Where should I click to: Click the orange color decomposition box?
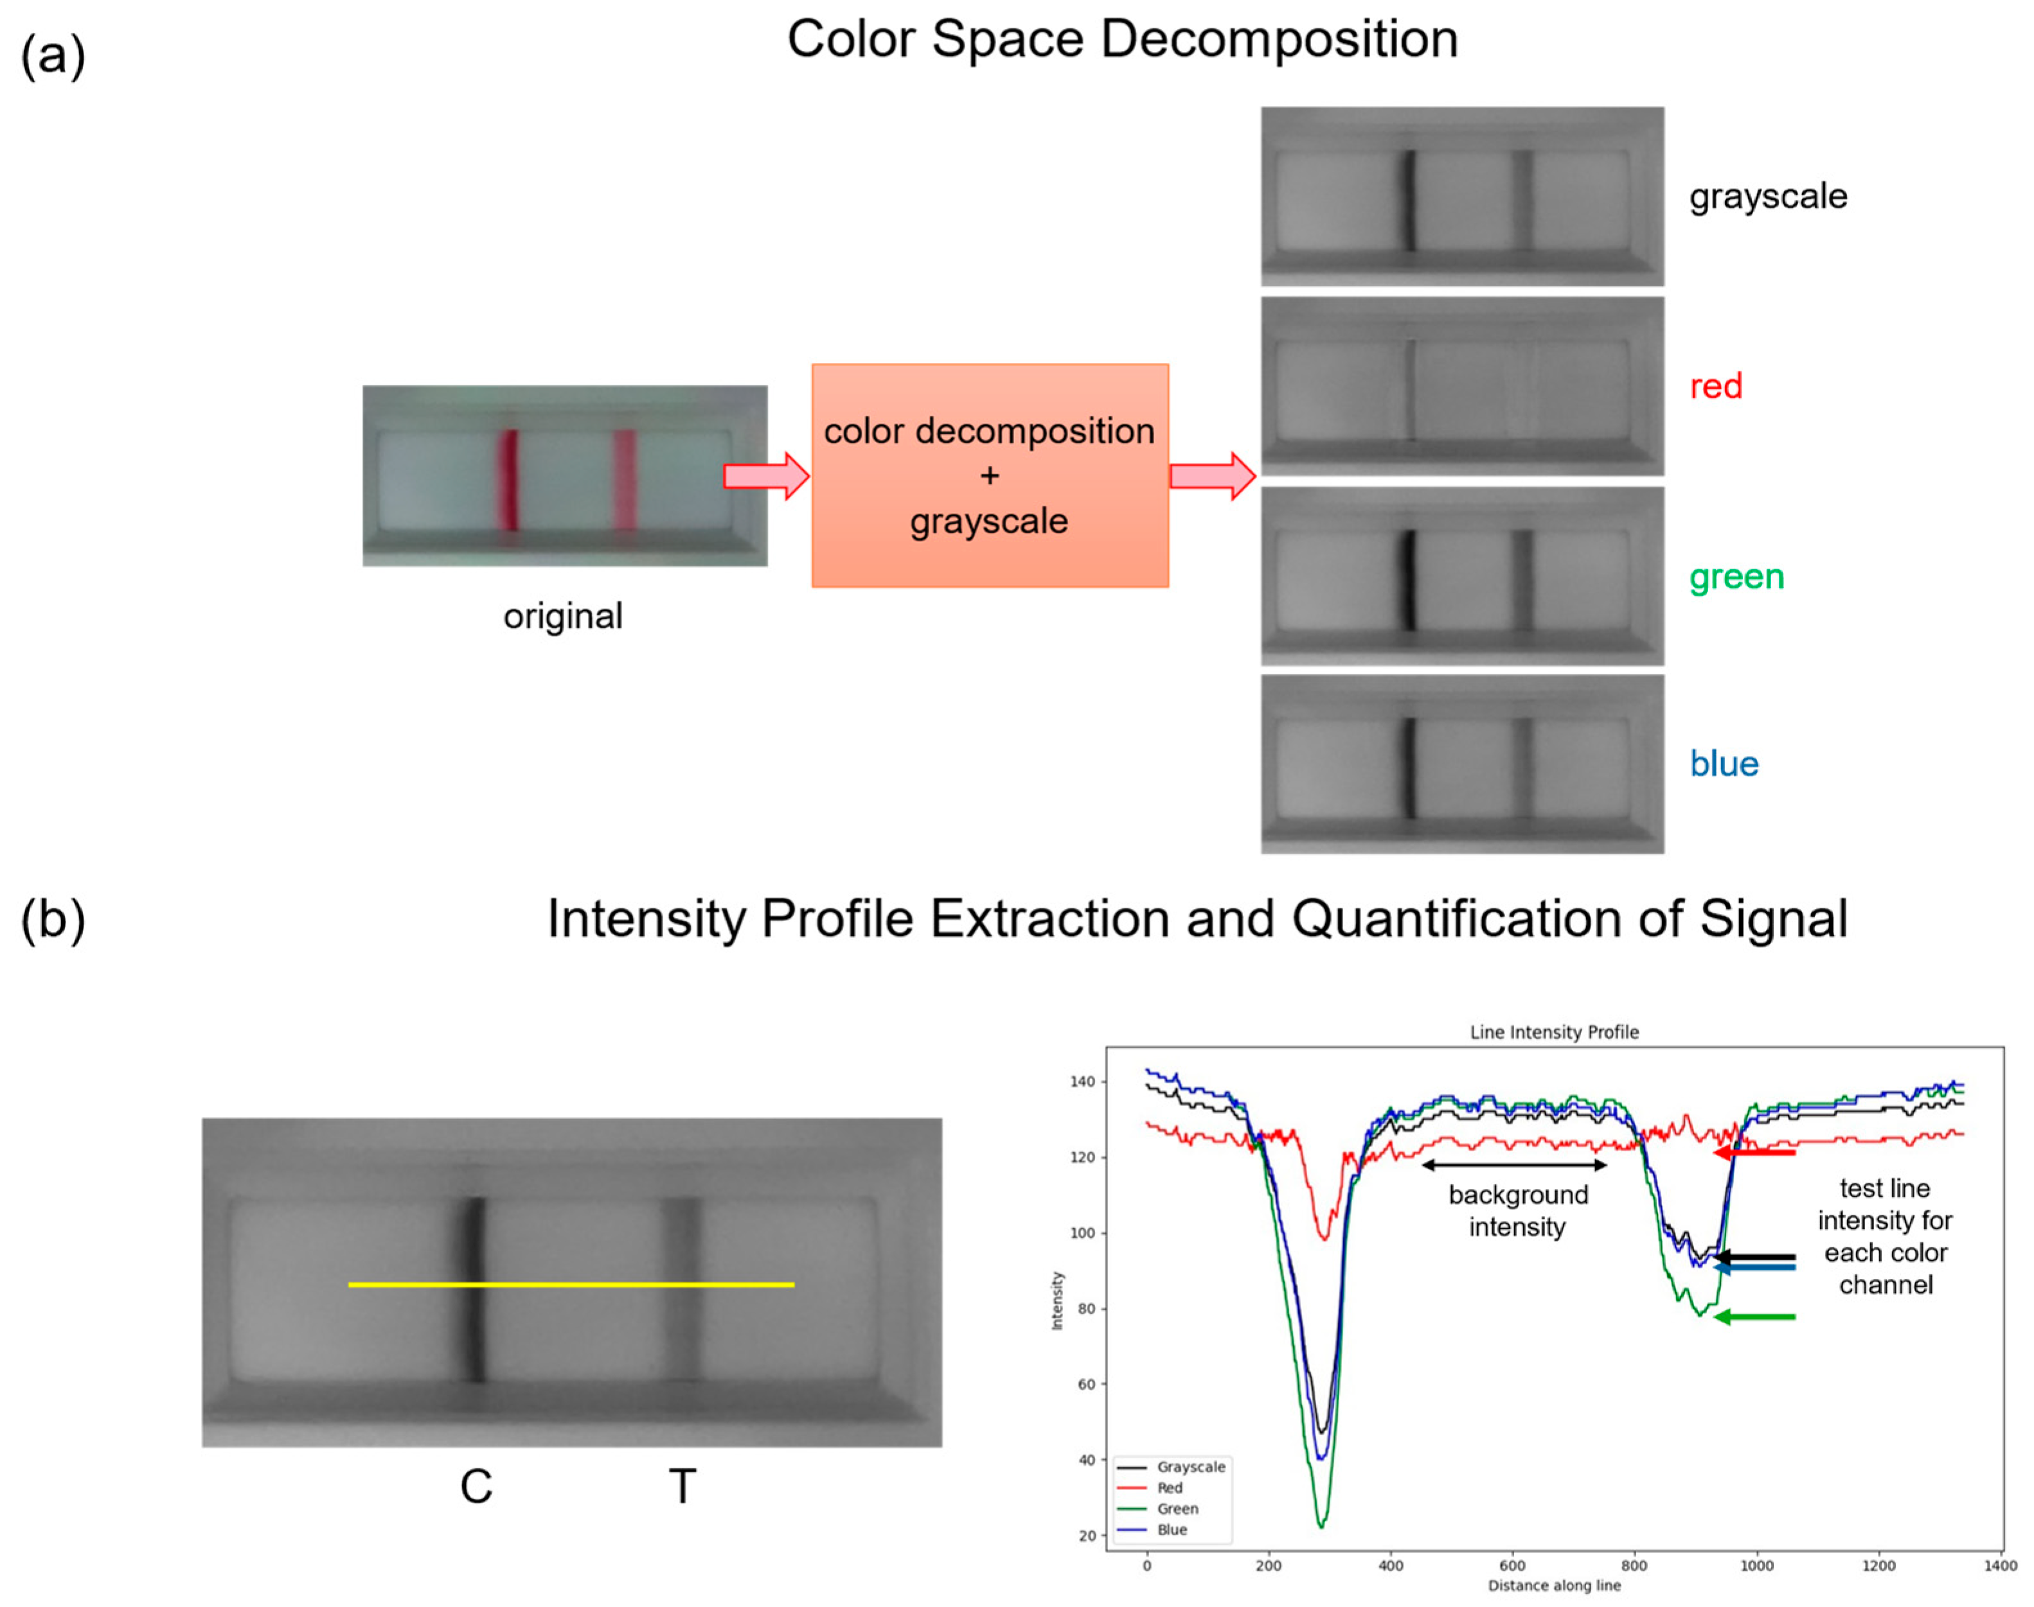(989, 475)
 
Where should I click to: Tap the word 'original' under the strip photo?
(563, 616)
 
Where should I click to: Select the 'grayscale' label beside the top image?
(1768, 197)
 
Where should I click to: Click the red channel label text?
(1715, 386)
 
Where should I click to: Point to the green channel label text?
(1736, 576)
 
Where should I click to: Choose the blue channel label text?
(1724, 763)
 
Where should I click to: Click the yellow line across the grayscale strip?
(571, 1285)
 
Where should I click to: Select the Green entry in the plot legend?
(1177, 1508)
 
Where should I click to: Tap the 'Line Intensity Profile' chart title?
(1554, 1032)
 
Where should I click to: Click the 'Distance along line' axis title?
(1554, 1585)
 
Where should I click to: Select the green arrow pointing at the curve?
(1754, 1317)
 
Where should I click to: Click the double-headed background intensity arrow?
(1513, 1165)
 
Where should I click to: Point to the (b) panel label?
(53, 919)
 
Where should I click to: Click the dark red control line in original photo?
(508, 480)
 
